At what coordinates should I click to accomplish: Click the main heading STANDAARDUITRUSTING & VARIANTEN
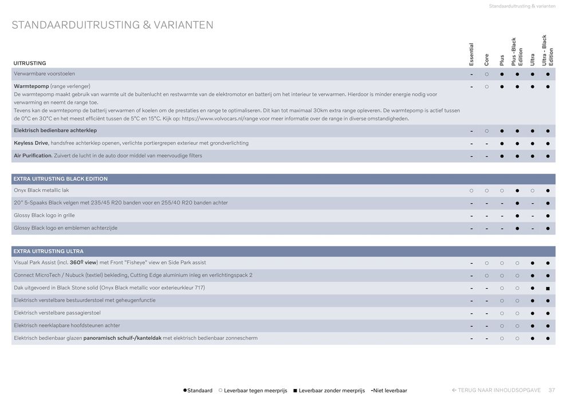(112, 25)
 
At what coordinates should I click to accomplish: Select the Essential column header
(471, 54)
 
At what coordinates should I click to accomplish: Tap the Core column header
(486, 59)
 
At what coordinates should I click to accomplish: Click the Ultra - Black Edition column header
(548, 51)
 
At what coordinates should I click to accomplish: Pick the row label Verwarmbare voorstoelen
(45, 74)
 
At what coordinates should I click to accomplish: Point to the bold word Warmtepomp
(31, 87)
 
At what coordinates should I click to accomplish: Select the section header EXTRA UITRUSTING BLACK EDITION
(61, 179)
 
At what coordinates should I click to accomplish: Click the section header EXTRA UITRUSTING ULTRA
(49, 251)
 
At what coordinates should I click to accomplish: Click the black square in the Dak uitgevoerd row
(548, 288)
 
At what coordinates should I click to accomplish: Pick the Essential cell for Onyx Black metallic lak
(471, 190)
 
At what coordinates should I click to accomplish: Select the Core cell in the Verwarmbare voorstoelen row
(486, 74)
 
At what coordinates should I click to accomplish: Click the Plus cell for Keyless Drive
(502, 143)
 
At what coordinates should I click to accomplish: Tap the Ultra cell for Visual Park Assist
(533, 263)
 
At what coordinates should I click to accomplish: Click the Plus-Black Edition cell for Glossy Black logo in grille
(517, 215)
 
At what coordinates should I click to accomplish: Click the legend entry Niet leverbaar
(389, 391)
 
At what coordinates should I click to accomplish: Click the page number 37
(552, 390)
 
